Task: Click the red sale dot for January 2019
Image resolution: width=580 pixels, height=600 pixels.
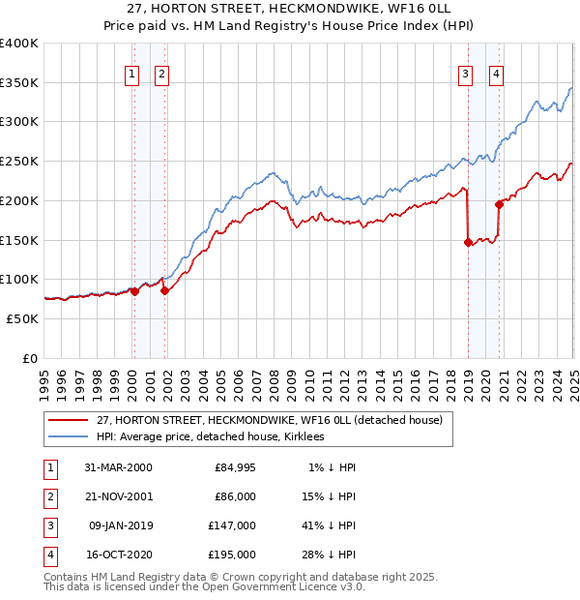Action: (x=468, y=243)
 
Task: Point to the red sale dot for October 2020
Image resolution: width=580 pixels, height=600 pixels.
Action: (x=500, y=204)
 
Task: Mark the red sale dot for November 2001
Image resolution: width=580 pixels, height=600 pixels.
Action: (x=165, y=290)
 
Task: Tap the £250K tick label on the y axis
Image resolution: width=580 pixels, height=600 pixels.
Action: (x=19, y=161)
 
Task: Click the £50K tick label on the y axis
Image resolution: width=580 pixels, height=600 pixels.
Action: (x=23, y=318)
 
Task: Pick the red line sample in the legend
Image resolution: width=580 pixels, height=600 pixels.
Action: (x=69, y=420)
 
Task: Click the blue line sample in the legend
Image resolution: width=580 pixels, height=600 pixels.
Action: (x=69, y=436)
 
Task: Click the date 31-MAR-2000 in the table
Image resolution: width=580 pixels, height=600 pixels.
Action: (x=118, y=467)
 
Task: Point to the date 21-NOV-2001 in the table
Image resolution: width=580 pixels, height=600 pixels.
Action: (x=118, y=496)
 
